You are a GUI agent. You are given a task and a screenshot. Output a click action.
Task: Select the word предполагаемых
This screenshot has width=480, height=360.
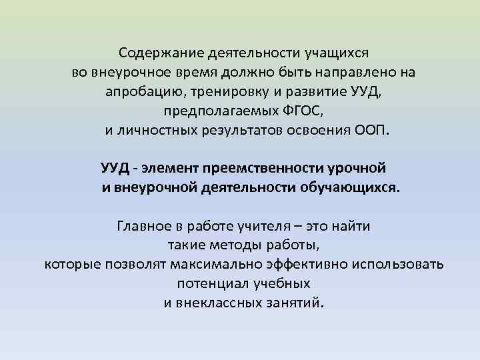[x=209, y=110]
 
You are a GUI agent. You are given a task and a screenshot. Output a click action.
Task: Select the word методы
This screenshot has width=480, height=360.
[x=225, y=245]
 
